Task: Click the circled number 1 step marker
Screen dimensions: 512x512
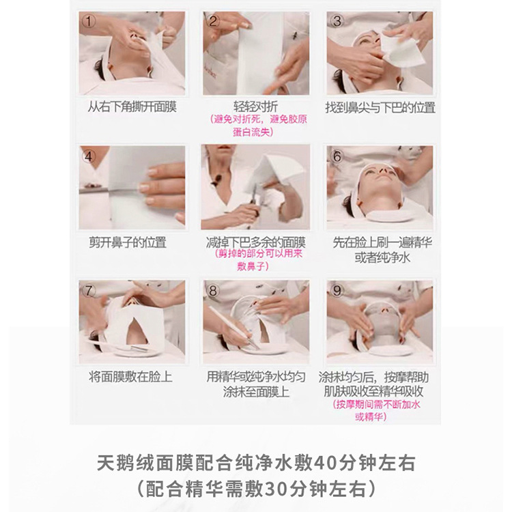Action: click(x=88, y=21)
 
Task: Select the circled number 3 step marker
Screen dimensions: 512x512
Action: click(x=336, y=21)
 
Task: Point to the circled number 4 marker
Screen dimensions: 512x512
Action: click(x=88, y=156)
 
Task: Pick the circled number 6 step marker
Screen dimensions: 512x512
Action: click(x=336, y=156)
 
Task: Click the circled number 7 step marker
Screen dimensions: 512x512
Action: click(x=88, y=291)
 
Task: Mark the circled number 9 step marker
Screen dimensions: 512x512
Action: click(x=336, y=291)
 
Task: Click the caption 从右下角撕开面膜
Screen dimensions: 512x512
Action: click(x=132, y=107)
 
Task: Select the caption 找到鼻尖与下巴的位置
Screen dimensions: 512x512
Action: click(x=380, y=107)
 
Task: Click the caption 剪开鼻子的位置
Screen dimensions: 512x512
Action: click(x=128, y=242)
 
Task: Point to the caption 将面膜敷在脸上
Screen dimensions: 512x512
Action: click(x=130, y=377)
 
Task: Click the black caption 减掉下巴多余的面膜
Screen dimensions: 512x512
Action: click(x=256, y=242)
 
